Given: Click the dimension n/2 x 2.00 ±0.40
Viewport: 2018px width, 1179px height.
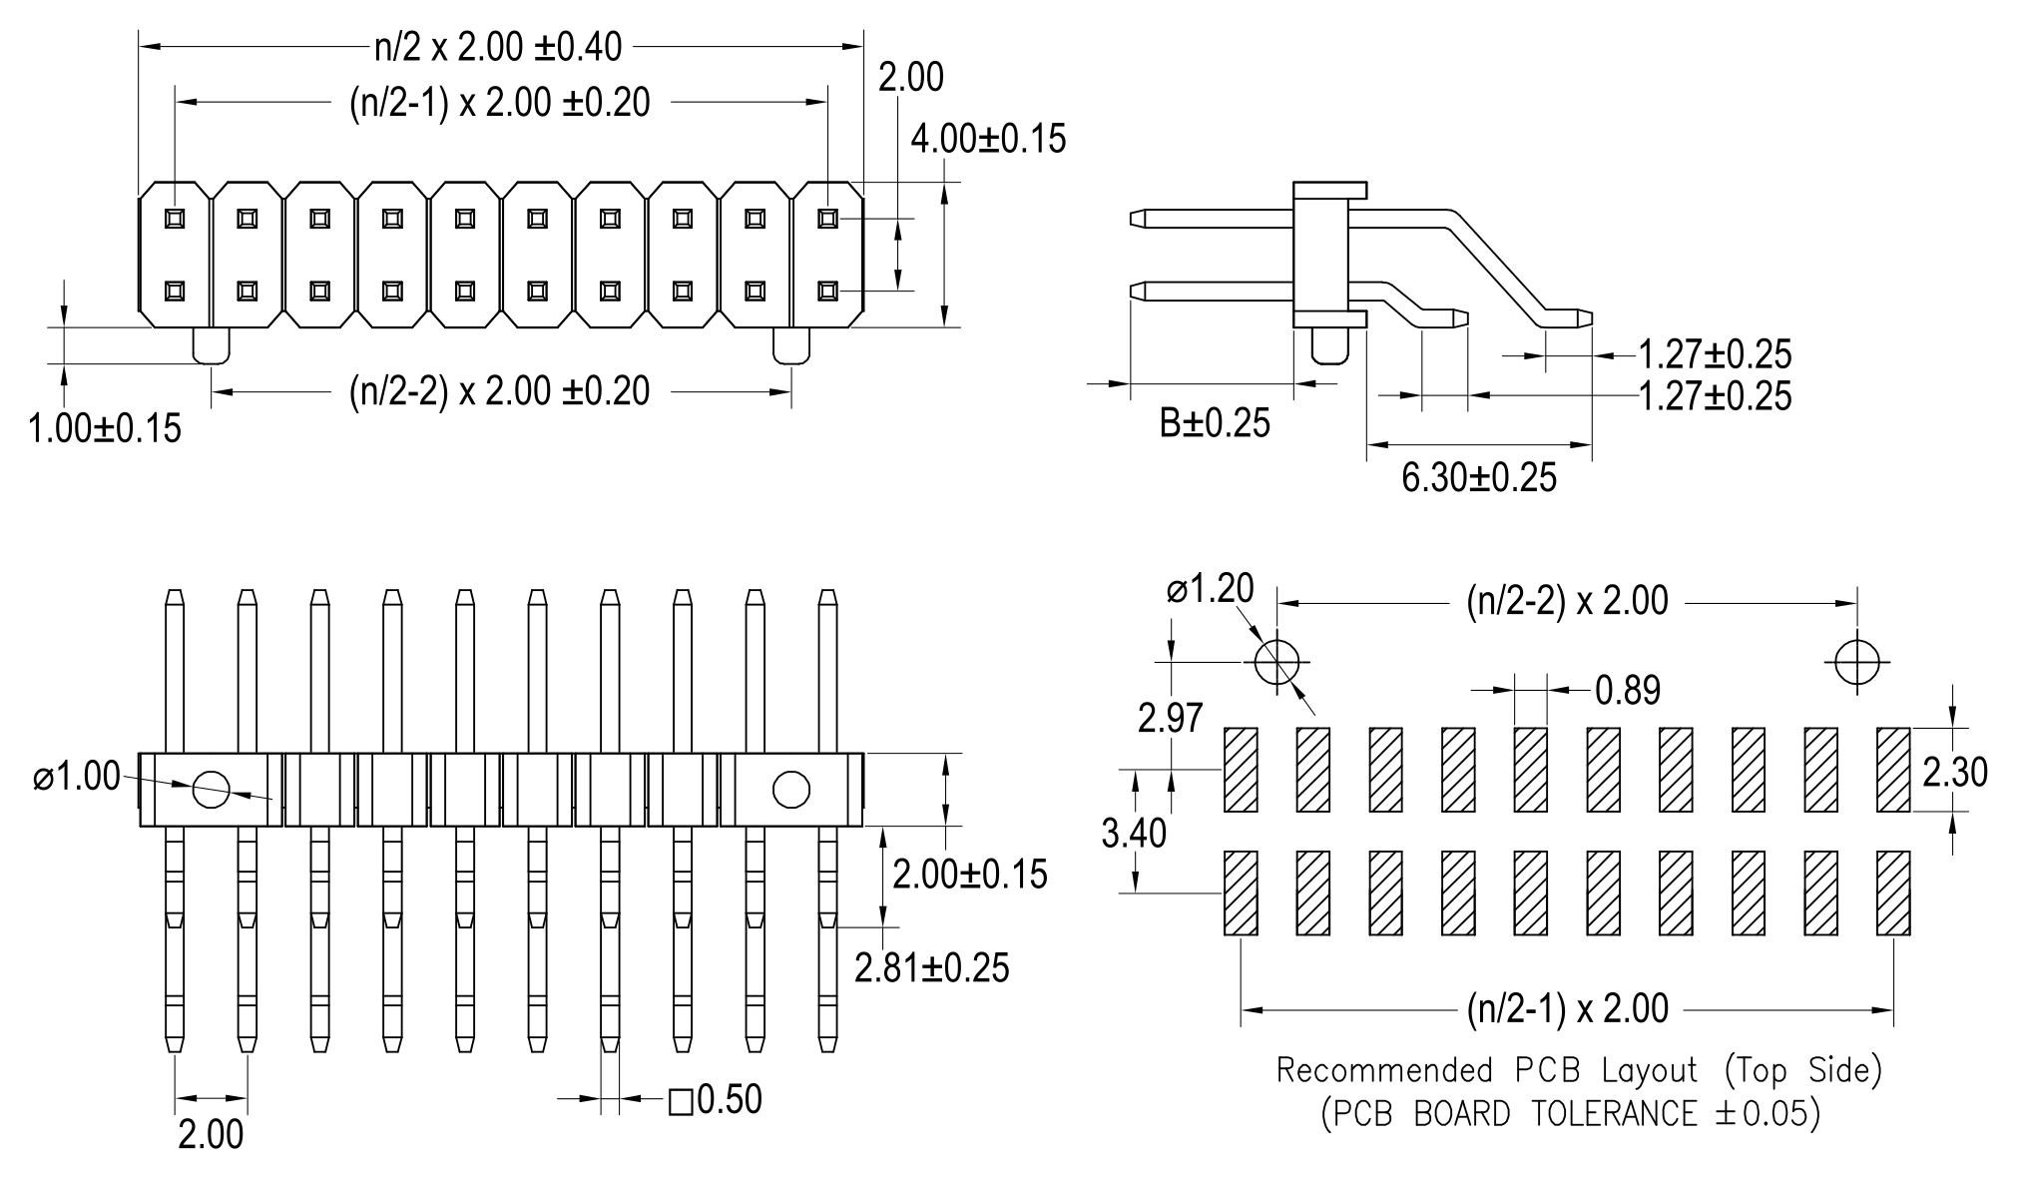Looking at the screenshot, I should coord(497,46).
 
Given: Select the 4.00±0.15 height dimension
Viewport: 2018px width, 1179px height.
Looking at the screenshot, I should coord(987,139).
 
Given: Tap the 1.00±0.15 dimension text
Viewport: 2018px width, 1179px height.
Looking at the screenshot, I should coord(105,428).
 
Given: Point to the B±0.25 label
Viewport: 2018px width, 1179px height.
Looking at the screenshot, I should coord(1214,423).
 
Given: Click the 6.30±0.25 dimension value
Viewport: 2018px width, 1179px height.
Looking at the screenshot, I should coord(1478,478).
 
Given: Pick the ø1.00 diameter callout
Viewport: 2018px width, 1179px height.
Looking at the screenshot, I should coord(77,777).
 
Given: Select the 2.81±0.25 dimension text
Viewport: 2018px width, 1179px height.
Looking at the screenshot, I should coord(931,967).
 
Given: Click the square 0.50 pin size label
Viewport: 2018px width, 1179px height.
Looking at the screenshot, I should coord(715,1100).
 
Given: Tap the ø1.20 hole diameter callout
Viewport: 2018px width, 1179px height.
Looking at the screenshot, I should coord(1210,589).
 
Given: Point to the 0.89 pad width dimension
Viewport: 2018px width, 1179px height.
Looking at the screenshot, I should coord(1627,690).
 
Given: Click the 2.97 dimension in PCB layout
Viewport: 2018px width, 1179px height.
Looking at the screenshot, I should coord(1170,718).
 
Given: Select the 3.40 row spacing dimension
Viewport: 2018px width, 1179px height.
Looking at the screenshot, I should coord(1133,833).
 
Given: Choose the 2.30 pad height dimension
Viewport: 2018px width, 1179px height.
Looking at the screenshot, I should coord(1954,772).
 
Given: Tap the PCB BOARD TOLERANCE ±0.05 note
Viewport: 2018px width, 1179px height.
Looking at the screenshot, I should coord(1570,1113).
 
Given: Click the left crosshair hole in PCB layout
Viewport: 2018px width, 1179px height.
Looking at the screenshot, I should coord(1276,661).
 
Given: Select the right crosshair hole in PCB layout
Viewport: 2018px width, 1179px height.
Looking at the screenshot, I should coord(1856,661).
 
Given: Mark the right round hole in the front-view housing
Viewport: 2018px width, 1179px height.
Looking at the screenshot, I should coord(790,790).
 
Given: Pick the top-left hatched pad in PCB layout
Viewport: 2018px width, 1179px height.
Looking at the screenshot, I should coord(1241,770).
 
